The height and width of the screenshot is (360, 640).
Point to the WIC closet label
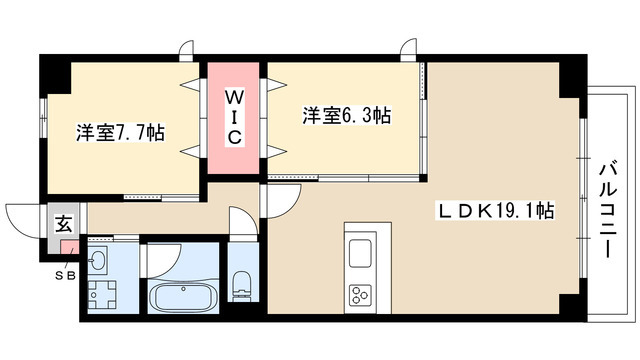coord(232,118)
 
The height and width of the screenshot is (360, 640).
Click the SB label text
coord(63,274)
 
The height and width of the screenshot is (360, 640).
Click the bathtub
coord(183,297)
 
